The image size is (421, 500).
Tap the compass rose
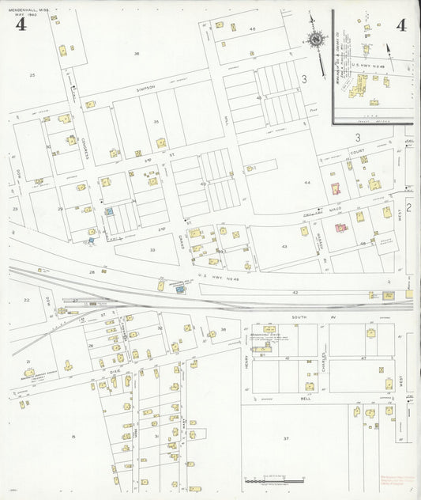pos(317,40)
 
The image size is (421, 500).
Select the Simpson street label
pos(146,88)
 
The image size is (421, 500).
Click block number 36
pos(137,54)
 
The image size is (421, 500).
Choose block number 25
pos(32,75)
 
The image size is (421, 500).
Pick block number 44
pos(307,182)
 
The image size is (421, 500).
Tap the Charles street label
pos(325,348)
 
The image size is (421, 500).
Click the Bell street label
pos(305,399)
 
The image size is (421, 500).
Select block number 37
pos(287,437)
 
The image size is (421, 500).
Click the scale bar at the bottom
pos(274,479)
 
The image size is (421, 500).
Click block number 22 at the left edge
pos(26,300)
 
